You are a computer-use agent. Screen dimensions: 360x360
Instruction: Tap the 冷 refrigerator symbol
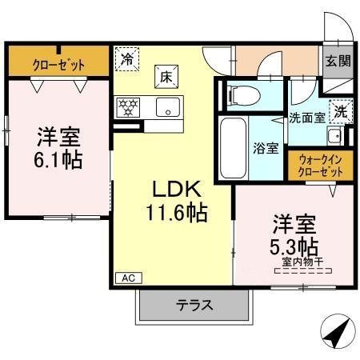[126, 58]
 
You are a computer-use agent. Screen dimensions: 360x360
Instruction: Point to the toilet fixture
[238, 95]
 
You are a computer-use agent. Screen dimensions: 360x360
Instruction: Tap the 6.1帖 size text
[58, 158]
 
